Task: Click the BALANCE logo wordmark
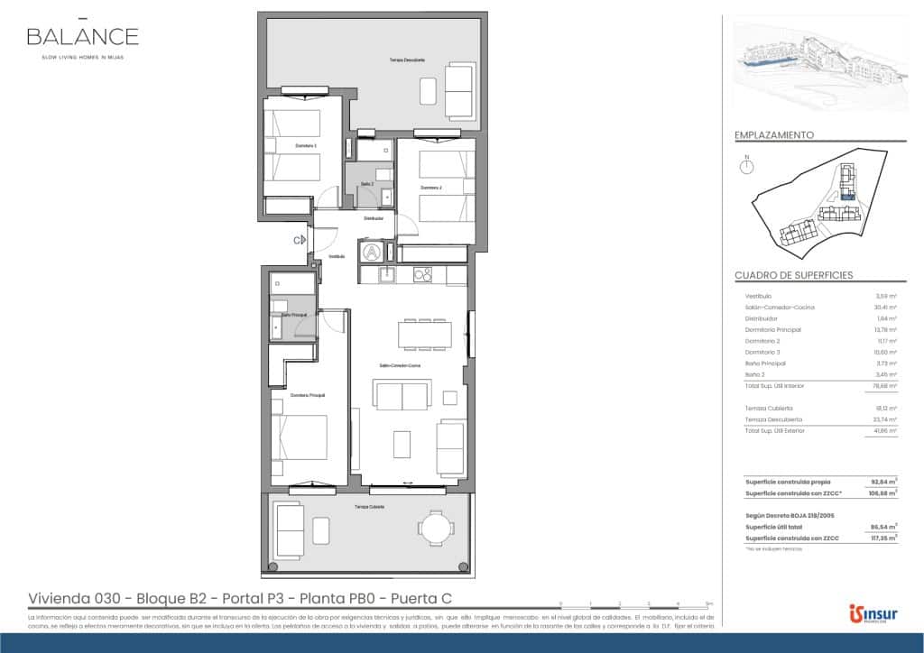[82, 36]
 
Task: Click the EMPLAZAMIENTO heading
[774, 135]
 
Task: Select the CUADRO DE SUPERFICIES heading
[793, 275]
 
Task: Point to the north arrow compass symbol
[746, 166]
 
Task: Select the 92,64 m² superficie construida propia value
[884, 482]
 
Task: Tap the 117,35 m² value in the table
[884, 538]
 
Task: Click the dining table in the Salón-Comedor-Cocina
[426, 335]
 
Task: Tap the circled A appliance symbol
[371, 252]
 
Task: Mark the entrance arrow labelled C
[299, 239]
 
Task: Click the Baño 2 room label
[367, 183]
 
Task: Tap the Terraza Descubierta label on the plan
[407, 60]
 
